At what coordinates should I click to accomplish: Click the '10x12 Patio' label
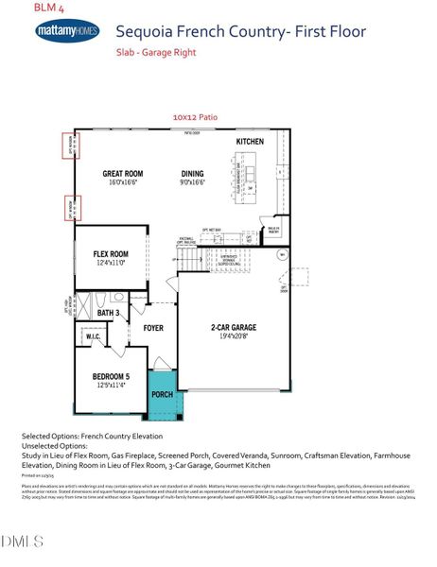coord(195,116)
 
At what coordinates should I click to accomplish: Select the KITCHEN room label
coord(250,142)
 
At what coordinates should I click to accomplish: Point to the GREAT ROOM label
coord(122,174)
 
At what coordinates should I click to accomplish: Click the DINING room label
coord(192,174)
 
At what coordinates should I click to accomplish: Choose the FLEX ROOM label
coord(111,254)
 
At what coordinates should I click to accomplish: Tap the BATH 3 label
coord(107,312)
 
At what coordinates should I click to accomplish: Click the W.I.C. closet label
coord(92,335)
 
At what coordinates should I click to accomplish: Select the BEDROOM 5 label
coord(111,377)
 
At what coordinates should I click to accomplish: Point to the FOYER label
coord(153,328)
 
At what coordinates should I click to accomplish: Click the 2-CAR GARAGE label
coord(233,327)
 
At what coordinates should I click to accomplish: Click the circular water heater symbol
coord(281,254)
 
